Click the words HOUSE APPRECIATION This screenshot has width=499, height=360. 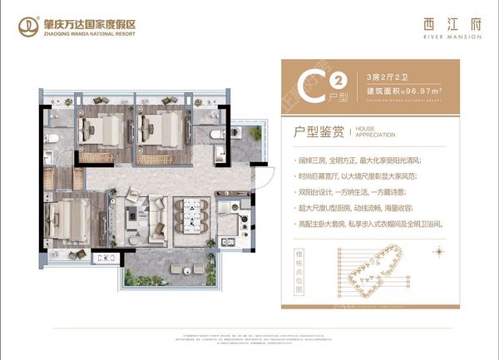375,131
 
